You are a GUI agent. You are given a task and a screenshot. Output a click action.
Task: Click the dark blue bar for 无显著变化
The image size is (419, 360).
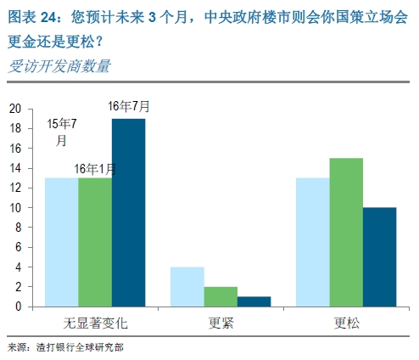tap(128, 212)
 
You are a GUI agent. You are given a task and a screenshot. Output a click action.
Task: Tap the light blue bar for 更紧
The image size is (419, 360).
tap(188, 287)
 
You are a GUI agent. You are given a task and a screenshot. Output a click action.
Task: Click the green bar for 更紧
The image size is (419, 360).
tap(221, 296)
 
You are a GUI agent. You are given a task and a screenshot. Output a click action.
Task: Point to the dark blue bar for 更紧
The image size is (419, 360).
tap(254, 301)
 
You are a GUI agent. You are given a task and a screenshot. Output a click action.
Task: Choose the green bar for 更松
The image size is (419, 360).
tap(346, 232)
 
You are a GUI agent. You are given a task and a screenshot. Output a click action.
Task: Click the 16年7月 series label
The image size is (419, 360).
tap(129, 107)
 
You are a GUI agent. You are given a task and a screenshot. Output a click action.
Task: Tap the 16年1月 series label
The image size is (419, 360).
tap(94, 168)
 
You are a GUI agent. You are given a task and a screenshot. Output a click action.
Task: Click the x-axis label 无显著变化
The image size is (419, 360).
tap(94, 323)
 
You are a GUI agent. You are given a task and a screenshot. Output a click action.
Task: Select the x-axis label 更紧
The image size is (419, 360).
tap(221, 323)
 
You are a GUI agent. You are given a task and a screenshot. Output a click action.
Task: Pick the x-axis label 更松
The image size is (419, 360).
tap(346, 323)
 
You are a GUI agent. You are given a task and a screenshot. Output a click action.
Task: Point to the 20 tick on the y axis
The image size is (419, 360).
tap(15, 109)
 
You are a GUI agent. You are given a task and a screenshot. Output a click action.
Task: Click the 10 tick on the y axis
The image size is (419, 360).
tap(15, 208)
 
